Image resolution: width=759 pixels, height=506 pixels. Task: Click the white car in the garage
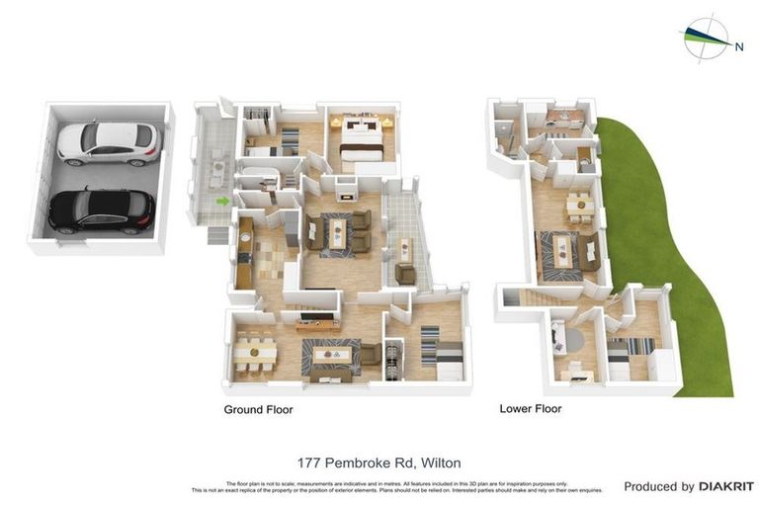107,142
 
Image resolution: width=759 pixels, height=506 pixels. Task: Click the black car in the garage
102,210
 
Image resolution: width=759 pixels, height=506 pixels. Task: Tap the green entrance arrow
223,202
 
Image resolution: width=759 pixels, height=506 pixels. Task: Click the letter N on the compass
738,44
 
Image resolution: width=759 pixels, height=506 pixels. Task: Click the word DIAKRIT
726,486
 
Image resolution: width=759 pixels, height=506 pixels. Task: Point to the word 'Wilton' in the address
440,463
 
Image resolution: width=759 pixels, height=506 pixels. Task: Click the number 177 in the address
310,463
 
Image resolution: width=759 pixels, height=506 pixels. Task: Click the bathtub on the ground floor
259,180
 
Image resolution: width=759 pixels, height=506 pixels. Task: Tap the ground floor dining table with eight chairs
255,354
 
